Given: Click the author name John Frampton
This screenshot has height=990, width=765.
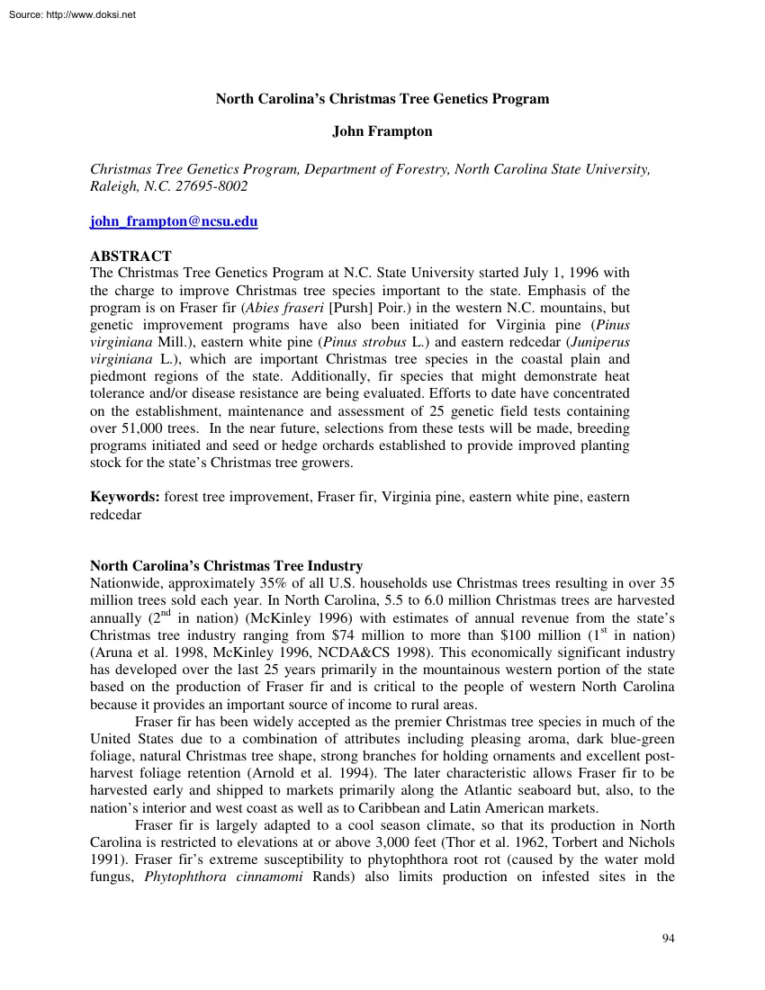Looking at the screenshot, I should pos(382,131).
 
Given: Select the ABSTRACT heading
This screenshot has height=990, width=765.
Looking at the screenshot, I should pos(131,256).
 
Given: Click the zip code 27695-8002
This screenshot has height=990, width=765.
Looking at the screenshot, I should pos(211,186).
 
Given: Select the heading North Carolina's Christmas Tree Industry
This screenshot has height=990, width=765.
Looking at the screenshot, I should pos(227,566).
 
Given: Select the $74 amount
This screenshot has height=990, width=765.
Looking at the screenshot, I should pos(414,634).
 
